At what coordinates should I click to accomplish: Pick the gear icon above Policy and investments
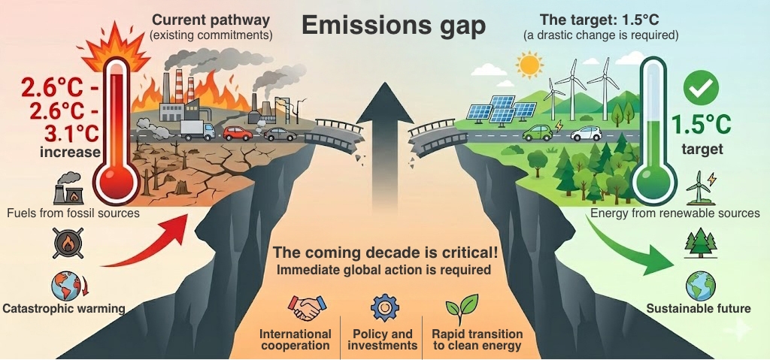point(383,307)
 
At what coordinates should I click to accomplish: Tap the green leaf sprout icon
point(461,307)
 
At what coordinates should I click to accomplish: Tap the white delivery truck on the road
point(198,131)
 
